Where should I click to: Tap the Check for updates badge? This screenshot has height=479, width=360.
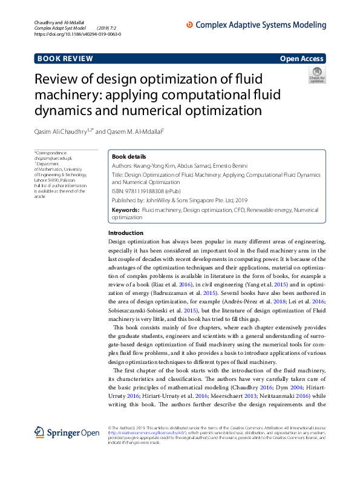click(x=316, y=75)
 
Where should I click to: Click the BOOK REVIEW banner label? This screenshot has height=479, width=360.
click(x=65, y=59)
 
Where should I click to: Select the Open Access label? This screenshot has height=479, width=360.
click(x=301, y=59)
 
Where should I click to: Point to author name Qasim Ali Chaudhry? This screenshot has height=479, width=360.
click(x=62, y=130)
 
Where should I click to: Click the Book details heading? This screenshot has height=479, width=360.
click(x=129, y=156)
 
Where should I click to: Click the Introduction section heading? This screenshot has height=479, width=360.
click(x=125, y=233)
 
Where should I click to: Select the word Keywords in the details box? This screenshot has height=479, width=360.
click(x=125, y=210)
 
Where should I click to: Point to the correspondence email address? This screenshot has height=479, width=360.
click(x=49, y=158)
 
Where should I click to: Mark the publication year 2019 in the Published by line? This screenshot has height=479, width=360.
click(x=241, y=199)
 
